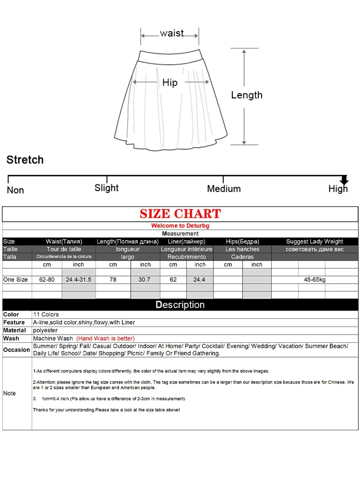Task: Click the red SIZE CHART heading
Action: [180, 214]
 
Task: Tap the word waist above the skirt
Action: [172, 33]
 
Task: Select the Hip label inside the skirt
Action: [170, 83]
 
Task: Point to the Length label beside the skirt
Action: [247, 95]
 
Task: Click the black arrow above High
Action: [344, 180]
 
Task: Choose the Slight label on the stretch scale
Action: [107, 188]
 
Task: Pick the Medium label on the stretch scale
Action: [224, 189]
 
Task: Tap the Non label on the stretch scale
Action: [15, 190]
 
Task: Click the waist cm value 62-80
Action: [47, 279]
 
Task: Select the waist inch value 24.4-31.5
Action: [78, 279]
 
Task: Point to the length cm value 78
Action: [113, 279]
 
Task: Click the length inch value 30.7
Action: [145, 279]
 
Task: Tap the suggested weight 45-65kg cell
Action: [314, 279]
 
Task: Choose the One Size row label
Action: [15, 279]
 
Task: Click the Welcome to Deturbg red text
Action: [180, 226]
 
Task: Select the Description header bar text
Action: [180, 305]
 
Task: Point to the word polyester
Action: [45, 330]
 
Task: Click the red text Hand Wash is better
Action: [106, 338]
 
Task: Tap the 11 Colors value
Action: [46, 314]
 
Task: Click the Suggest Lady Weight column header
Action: [314, 241]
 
